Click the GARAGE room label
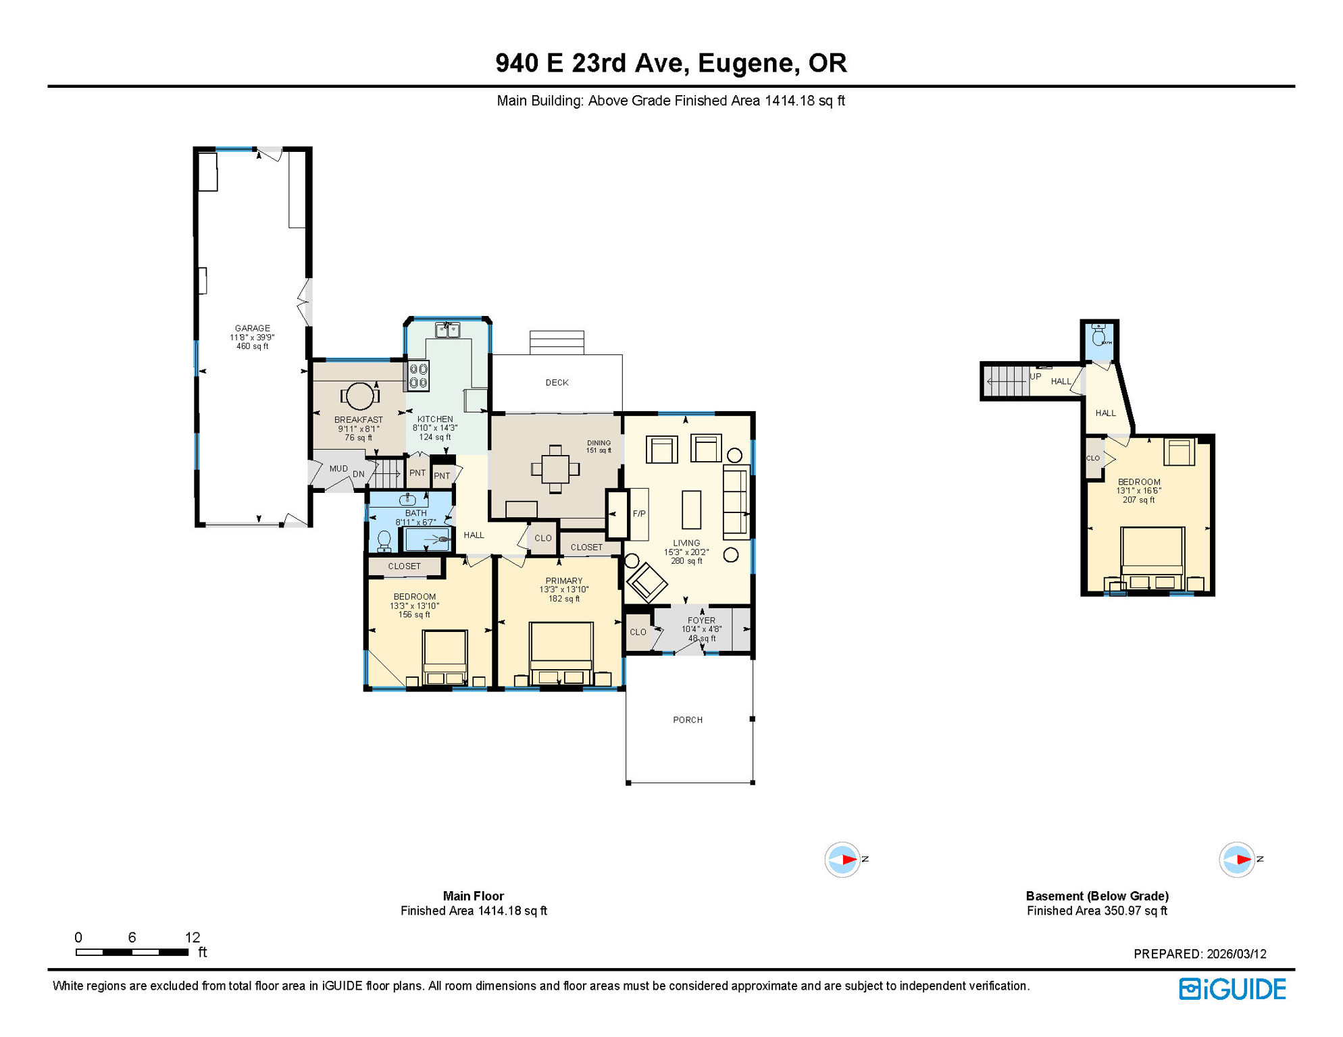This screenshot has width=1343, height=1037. click(x=252, y=328)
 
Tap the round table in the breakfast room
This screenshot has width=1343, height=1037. click(x=359, y=396)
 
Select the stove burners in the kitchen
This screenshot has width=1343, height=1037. click(x=419, y=376)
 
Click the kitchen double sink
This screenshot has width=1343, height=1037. click(x=447, y=330)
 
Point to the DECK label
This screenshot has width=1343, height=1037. click(x=557, y=383)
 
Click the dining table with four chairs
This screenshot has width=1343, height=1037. click(x=555, y=469)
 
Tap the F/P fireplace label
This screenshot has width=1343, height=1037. click(x=638, y=514)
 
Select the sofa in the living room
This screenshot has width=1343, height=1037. click(x=736, y=502)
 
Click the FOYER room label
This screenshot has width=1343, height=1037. click(x=701, y=620)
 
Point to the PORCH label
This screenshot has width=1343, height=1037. click(x=688, y=720)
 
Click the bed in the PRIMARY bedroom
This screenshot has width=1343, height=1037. click(x=561, y=652)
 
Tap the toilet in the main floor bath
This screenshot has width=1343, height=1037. click(x=384, y=541)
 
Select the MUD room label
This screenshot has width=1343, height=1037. click(x=338, y=469)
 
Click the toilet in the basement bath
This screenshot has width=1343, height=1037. click(x=1098, y=336)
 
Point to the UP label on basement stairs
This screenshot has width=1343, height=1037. click(x=1035, y=377)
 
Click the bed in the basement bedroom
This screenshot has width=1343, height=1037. click(x=1152, y=557)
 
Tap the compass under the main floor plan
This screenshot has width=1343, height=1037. click(x=842, y=859)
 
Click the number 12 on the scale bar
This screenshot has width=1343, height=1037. click(x=193, y=937)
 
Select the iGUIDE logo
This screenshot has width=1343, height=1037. click(x=1232, y=989)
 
